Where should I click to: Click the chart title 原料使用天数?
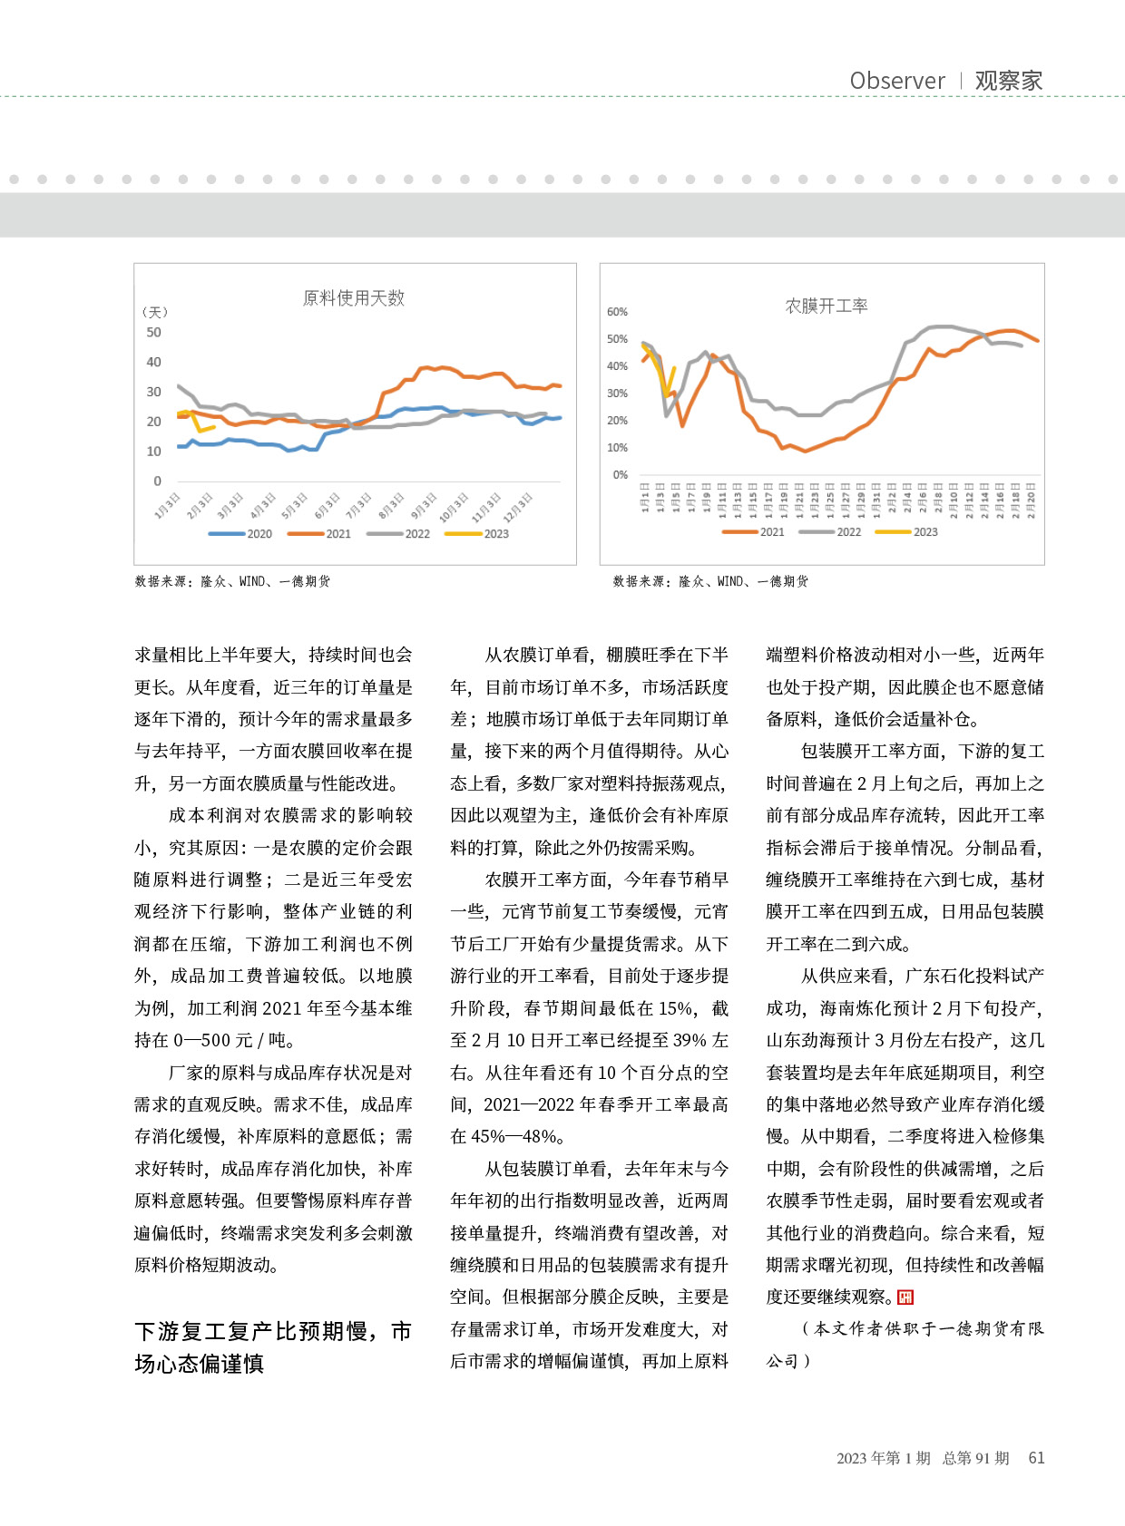[x=353, y=298]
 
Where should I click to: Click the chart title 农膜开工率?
[x=826, y=306]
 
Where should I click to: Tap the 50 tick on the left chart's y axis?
[x=153, y=333]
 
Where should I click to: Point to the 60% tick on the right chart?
[x=617, y=312]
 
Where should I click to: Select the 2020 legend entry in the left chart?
[x=241, y=534]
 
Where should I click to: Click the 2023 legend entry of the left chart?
[x=478, y=534]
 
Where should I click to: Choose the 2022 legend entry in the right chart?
[x=831, y=532]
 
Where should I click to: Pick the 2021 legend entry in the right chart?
[x=754, y=532]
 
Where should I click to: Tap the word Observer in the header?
[x=896, y=81]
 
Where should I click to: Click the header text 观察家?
[x=1008, y=81]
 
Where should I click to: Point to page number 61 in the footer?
[x=1036, y=1458]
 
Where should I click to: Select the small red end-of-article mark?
[x=905, y=1298]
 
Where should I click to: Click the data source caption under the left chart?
[x=232, y=581]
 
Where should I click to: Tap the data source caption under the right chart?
[x=710, y=581]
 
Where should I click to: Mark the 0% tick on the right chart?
[x=620, y=475]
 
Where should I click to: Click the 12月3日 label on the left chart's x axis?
[x=517, y=507]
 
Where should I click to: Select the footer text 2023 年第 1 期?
[x=883, y=1458]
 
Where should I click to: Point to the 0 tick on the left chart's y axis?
[x=157, y=481]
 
